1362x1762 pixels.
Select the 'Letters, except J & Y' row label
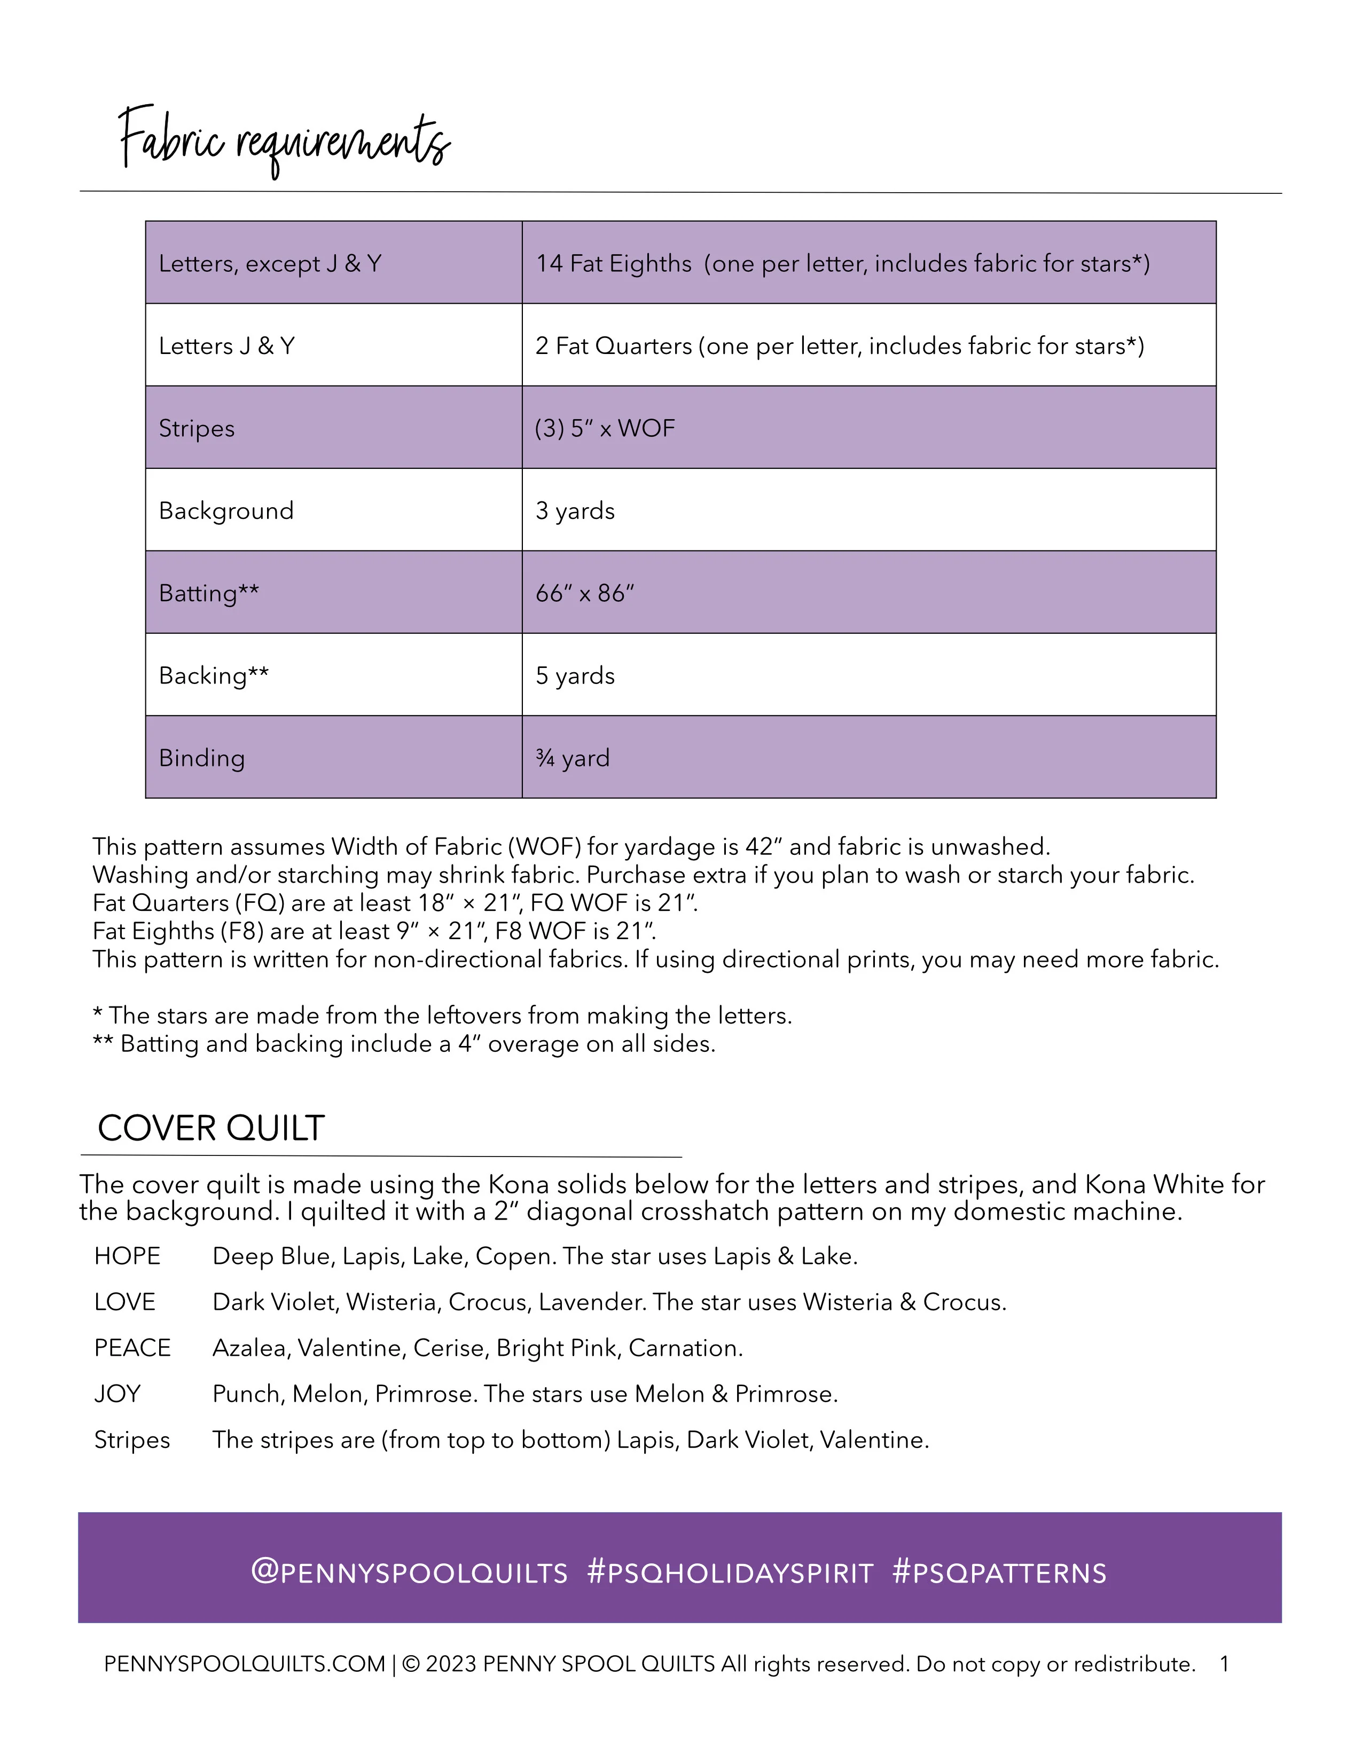coord(270,264)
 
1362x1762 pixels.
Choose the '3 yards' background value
coord(575,510)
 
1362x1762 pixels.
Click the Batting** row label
coord(209,593)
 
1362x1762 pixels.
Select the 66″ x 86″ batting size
coord(585,593)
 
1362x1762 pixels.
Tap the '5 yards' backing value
coord(575,675)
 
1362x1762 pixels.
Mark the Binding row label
coord(202,758)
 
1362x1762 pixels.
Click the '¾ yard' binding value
coord(572,758)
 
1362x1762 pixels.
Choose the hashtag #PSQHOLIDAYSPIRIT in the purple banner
coord(730,1572)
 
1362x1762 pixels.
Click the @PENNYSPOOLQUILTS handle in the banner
coord(409,1572)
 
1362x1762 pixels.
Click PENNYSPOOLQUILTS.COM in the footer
coord(245,1664)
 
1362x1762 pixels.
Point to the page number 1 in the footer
coord(1224,1664)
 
